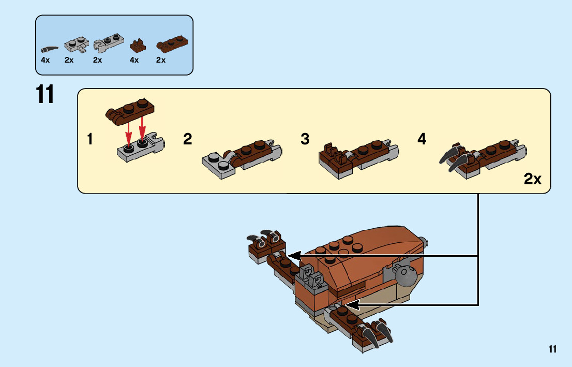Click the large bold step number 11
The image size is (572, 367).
(x=45, y=95)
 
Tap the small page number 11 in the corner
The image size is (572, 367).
(x=553, y=349)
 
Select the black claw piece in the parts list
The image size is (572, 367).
(x=49, y=49)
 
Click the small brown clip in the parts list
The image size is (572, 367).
(x=137, y=46)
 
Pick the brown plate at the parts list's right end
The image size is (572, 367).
(x=172, y=45)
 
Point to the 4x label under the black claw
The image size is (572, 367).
(x=46, y=60)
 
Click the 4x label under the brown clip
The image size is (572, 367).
(x=134, y=60)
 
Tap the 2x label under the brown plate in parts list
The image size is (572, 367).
(x=161, y=60)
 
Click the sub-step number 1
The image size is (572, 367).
(x=90, y=139)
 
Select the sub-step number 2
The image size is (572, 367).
(x=188, y=139)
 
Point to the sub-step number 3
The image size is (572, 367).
(x=305, y=139)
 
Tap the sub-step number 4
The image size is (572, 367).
(x=422, y=139)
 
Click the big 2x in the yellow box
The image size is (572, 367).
(x=532, y=179)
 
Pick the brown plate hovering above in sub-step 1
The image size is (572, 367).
(x=131, y=110)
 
